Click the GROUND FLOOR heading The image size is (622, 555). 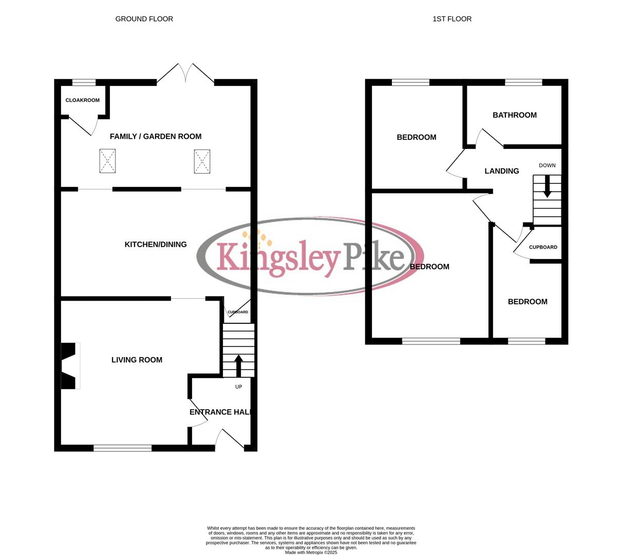click(x=144, y=19)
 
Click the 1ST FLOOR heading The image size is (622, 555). click(x=452, y=19)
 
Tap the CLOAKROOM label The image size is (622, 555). click(x=83, y=100)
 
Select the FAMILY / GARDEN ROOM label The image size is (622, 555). click(x=156, y=136)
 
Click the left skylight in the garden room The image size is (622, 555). click(x=107, y=161)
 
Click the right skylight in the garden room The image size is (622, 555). click(x=202, y=161)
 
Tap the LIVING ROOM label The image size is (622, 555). click(x=137, y=360)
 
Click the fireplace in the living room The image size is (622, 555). click(x=69, y=366)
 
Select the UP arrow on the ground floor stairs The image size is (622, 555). click(x=238, y=365)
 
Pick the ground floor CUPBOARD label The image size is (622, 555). click(x=238, y=312)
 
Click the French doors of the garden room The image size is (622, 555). click(x=185, y=74)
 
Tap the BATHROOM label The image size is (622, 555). click(x=515, y=115)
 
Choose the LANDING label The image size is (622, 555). click(x=502, y=171)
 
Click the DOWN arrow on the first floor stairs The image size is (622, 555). click(x=547, y=187)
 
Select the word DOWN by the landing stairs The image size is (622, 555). click(x=547, y=165)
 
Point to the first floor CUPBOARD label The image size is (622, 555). click(x=543, y=247)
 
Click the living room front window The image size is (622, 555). click(x=123, y=448)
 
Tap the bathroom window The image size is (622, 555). click(x=523, y=82)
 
